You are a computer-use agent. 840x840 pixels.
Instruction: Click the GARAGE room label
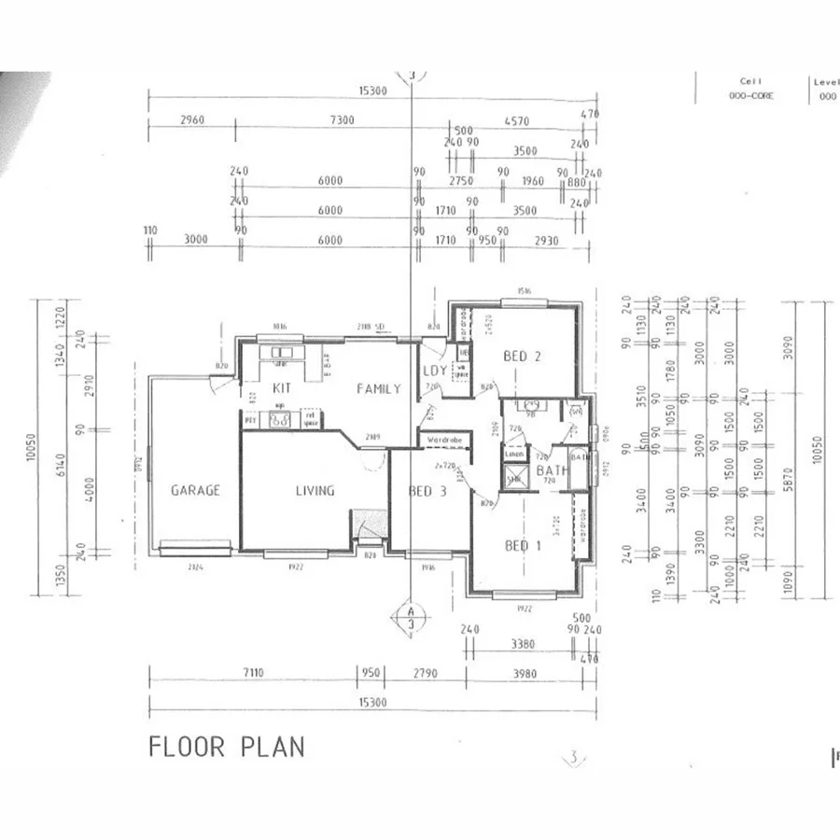(x=195, y=490)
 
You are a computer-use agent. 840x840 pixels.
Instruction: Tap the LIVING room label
(x=315, y=490)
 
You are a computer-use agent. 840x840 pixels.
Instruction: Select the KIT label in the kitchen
(x=283, y=388)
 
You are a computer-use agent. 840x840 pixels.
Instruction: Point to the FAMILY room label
(x=378, y=388)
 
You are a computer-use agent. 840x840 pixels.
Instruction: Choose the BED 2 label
(x=523, y=356)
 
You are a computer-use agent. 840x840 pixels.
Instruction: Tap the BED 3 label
(x=427, y=491)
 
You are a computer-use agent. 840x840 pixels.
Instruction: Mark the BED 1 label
(x=523, y=545)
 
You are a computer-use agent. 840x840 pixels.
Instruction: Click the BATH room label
(x=552, y=470)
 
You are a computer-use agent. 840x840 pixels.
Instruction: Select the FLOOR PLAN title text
(x=227, y=747)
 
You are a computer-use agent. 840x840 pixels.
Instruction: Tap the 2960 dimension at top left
(x=189, y=120)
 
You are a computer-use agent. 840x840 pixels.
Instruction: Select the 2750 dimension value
(x=461, y=181)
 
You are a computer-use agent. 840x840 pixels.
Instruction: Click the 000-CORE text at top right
(x=748, y=96)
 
